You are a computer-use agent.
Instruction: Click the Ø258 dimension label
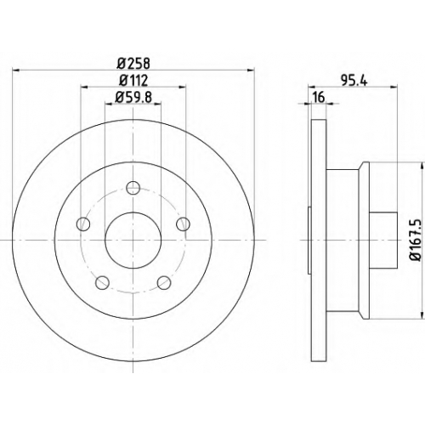pos(133,64)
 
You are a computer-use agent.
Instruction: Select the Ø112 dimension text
pos(133,81)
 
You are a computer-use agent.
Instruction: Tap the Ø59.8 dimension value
pos(133,97)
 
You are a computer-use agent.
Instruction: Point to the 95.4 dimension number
pos(354,81)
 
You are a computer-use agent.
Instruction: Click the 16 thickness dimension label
pos(319,98)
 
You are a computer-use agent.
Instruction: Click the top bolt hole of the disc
pos(133,188)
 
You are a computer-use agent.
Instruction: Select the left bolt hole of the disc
pos(83,224)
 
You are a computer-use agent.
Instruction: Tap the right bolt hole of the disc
pos(183,224)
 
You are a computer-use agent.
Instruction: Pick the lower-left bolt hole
pos(103,282)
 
